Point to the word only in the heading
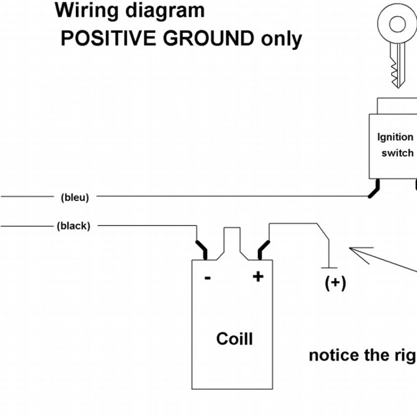(281, 39)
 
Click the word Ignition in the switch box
(395, 138)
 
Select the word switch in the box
(397, 153)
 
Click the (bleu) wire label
(75, 197)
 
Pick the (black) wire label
(73, 226)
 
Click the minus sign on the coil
(207, 278)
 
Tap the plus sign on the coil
(257, 277)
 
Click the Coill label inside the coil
(235, 339)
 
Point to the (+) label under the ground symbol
(335, 283)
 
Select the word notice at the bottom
(334, 355)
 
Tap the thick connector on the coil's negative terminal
(201, 249)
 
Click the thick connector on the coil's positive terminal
(264, 249)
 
